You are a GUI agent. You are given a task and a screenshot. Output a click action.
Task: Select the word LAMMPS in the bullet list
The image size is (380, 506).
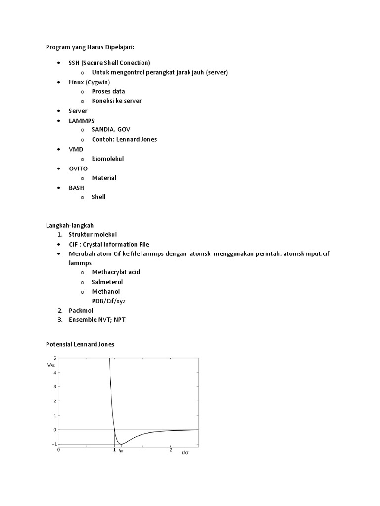click(82, 120)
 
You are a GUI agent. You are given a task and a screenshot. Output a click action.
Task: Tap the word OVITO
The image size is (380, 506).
click(78, 168)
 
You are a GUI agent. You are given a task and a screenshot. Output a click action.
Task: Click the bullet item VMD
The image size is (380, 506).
click(76, 149)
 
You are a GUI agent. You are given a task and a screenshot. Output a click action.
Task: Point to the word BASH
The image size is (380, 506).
click(77, 187)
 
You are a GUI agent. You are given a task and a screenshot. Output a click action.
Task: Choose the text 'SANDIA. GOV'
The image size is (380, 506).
click(111, 129)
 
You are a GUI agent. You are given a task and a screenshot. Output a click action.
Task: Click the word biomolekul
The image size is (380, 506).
click(108, 159)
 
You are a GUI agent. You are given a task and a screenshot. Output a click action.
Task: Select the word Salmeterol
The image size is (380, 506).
click(107, 282)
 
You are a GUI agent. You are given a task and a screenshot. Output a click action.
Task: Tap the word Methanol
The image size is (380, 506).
click(106, 291)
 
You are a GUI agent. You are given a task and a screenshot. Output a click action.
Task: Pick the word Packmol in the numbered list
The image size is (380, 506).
click(81, 310)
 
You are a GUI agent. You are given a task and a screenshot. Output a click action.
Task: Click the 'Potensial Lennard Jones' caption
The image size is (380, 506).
click(80, 344)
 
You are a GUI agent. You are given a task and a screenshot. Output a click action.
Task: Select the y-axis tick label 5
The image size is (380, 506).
click(54, 358)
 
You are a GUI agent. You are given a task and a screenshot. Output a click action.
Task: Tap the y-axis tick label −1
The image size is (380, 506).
click(53, 444)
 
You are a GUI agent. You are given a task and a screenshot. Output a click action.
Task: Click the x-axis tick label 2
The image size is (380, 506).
click(171, 450)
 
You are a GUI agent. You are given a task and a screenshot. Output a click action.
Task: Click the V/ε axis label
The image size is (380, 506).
click(51, 365)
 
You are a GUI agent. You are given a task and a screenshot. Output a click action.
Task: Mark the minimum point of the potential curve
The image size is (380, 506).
click(121, 444)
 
